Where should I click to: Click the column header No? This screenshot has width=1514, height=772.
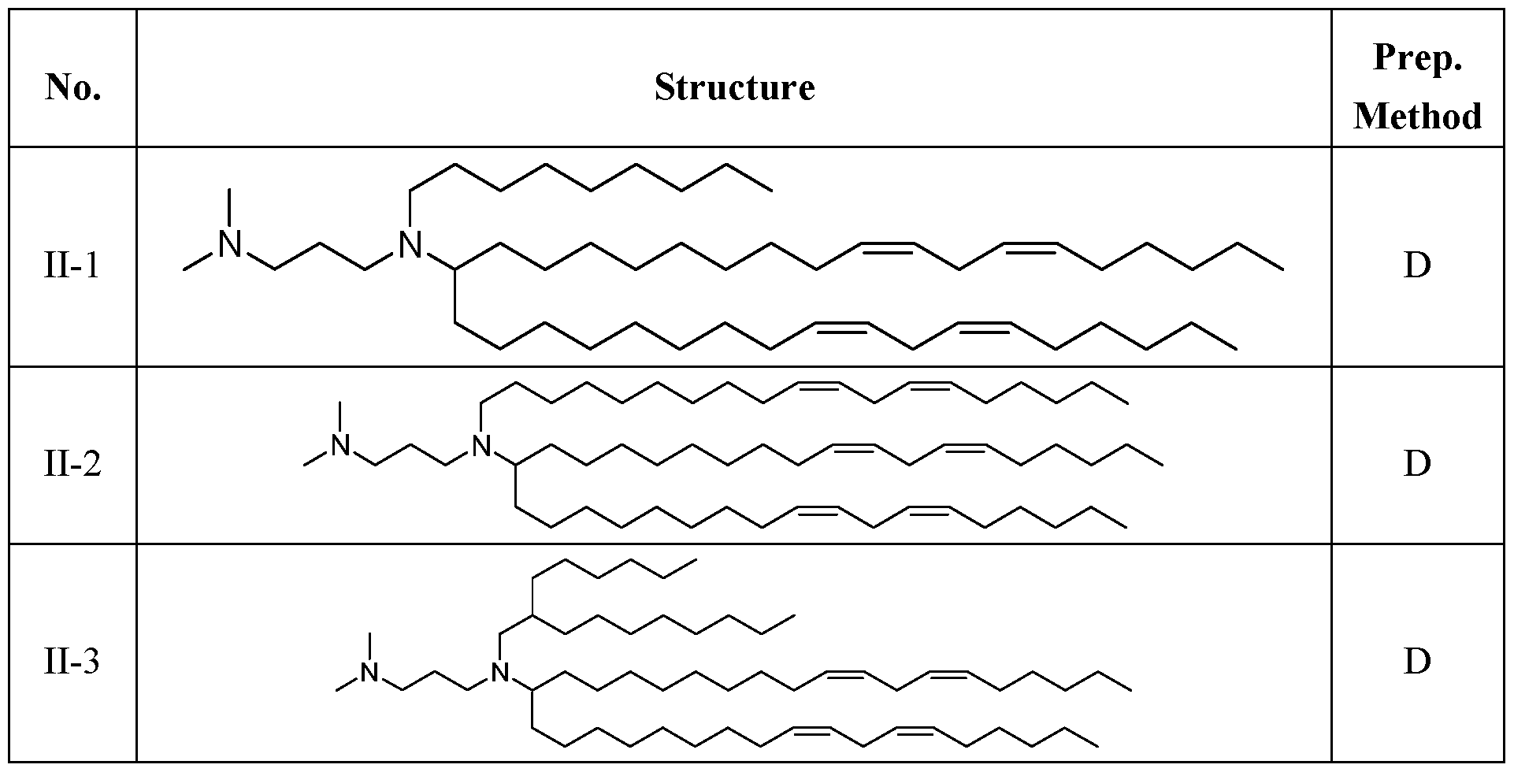pos(73,87)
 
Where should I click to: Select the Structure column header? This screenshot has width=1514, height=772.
pos(734,87)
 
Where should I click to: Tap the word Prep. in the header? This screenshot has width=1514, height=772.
pos(1417,58)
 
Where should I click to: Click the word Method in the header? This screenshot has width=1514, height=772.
pos(1417,117)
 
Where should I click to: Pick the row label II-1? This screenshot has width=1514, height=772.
pos(72,266)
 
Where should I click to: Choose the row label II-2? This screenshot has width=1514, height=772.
pos(72,464)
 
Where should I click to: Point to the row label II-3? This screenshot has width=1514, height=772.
pos(72,661)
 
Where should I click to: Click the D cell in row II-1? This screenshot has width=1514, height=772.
pos(1416,266)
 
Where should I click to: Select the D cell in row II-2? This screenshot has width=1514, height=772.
pos(1416,464)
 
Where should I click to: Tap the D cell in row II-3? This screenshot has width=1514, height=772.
pos(1416,661)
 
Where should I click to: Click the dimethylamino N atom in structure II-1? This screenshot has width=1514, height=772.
pos(229,244)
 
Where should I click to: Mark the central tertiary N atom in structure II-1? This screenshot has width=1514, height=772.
pos(410,244)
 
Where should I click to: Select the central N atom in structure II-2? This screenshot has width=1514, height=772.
pos(481,446)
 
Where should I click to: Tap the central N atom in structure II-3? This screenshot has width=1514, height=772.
pos(499,673)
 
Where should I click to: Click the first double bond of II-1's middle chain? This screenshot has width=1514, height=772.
pos(888,249)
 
